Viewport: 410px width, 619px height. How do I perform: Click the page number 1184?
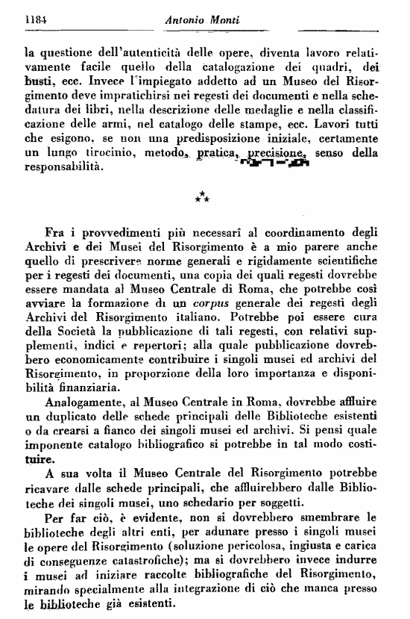click(x=37, y=22)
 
